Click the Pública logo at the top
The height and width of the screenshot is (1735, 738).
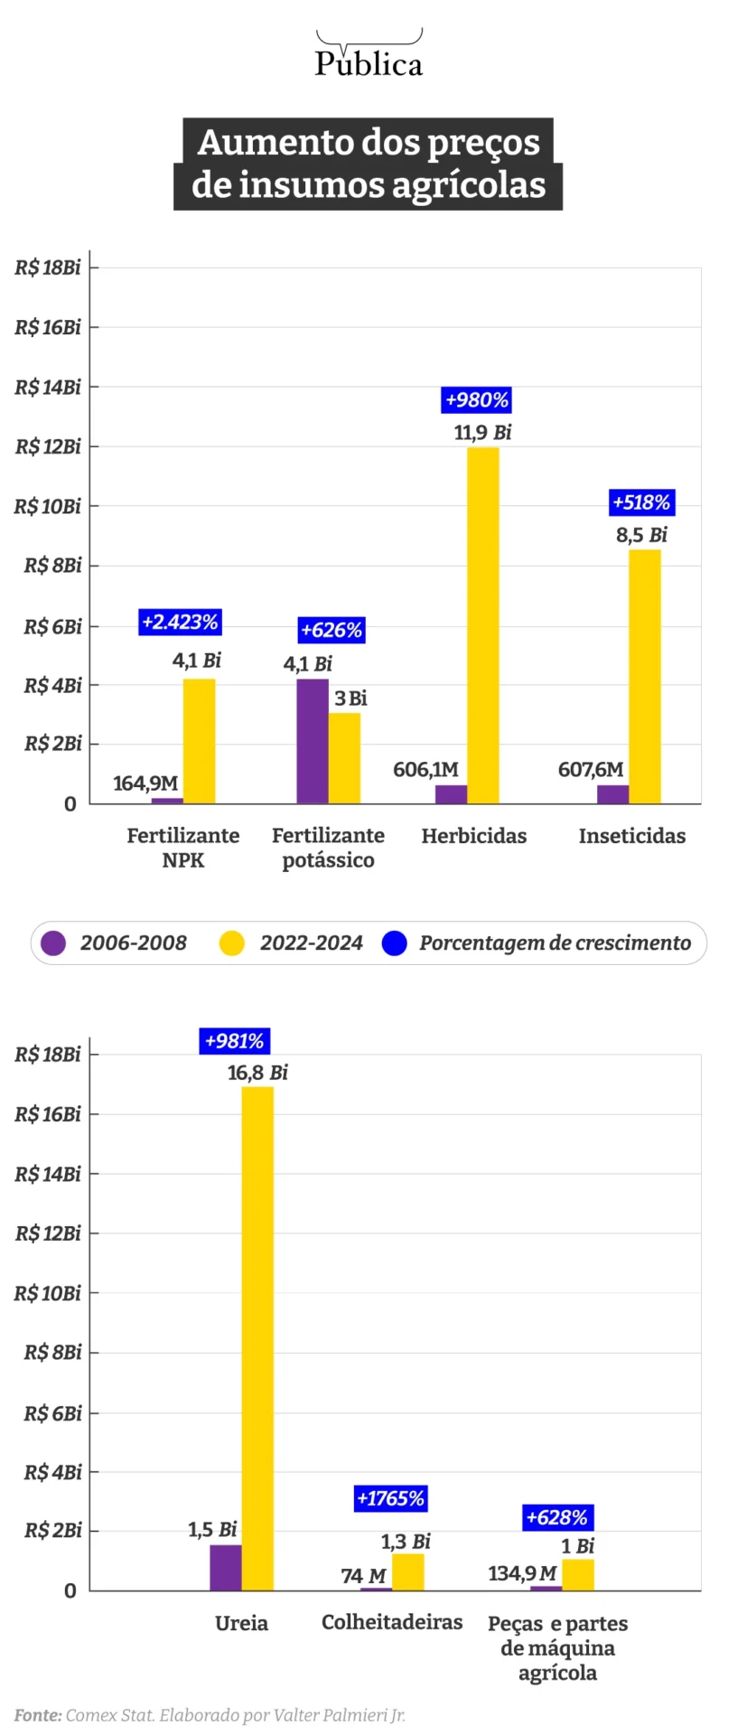click(x=369, y=56)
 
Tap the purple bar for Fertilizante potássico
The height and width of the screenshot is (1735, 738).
click(x=312, y=741)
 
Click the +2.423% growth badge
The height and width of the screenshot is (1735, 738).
click(x=181, y=622)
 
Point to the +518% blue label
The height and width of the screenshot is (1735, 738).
click(x=641, y=502)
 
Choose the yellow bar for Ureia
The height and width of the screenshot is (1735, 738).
click(x=257, y=1337)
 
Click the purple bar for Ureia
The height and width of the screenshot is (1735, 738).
click(x=225, y=1567)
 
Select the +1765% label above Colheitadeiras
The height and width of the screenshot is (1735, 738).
click(x=390, y=1498)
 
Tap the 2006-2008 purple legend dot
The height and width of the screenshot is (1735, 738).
click(x=54, y=943)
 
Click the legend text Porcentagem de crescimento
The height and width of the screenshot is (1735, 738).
click(x=555, y=943)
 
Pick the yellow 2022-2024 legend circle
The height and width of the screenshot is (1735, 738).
click(x=232, y=943)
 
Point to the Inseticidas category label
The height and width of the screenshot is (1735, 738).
click(x=631, y=836)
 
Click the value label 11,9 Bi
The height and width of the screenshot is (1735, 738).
click(x=482, y=432)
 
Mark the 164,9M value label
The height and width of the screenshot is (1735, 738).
click(x=145, y=783)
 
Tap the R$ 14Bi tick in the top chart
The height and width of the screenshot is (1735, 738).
click(x=48, y=387)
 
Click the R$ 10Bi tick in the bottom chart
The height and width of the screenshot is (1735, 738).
click(x=48, y=1293)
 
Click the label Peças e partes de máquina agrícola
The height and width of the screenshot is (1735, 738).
click(x=557, y=1647)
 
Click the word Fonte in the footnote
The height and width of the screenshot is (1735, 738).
click(x=38, y=1715)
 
